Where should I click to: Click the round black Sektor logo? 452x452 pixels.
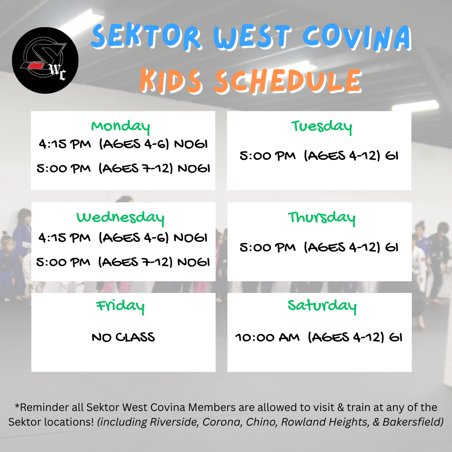45,60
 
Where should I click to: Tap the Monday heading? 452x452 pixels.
121,126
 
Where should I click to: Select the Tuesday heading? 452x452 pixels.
321,126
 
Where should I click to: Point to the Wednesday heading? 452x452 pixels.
121,218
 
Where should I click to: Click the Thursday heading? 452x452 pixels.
321,218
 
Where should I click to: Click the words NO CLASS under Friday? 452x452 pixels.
123,337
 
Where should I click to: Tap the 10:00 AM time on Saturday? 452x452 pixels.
267,337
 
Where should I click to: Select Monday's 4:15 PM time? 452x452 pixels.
64,144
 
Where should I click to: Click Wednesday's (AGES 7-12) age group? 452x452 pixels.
135,262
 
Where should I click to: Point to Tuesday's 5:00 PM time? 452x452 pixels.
267,156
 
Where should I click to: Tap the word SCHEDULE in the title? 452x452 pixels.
288,81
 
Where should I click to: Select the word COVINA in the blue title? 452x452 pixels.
357,38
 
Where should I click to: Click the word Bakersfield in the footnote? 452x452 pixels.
413,422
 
